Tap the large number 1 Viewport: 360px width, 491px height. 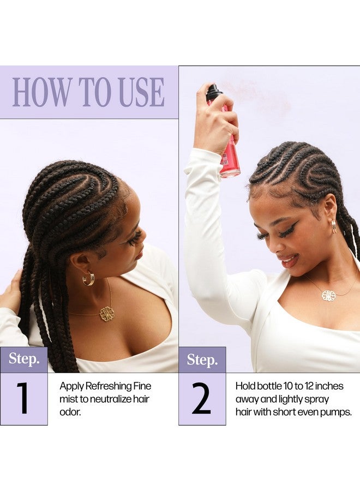click(x=23, y=399)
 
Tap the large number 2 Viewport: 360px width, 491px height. click(x=201, y=399)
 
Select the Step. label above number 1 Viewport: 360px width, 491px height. click(x=24, y=358)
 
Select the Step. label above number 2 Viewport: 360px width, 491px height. click(x=202, y=360)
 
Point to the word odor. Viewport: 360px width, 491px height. click(x=70, y=412)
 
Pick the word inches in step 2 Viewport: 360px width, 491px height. click(x=329, y=386)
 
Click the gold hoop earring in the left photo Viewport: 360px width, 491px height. click(x=88, y=278)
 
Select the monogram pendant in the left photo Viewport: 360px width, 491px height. click(x=107, y=314)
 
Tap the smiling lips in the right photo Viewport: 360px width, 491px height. click(x=290, y=261)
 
